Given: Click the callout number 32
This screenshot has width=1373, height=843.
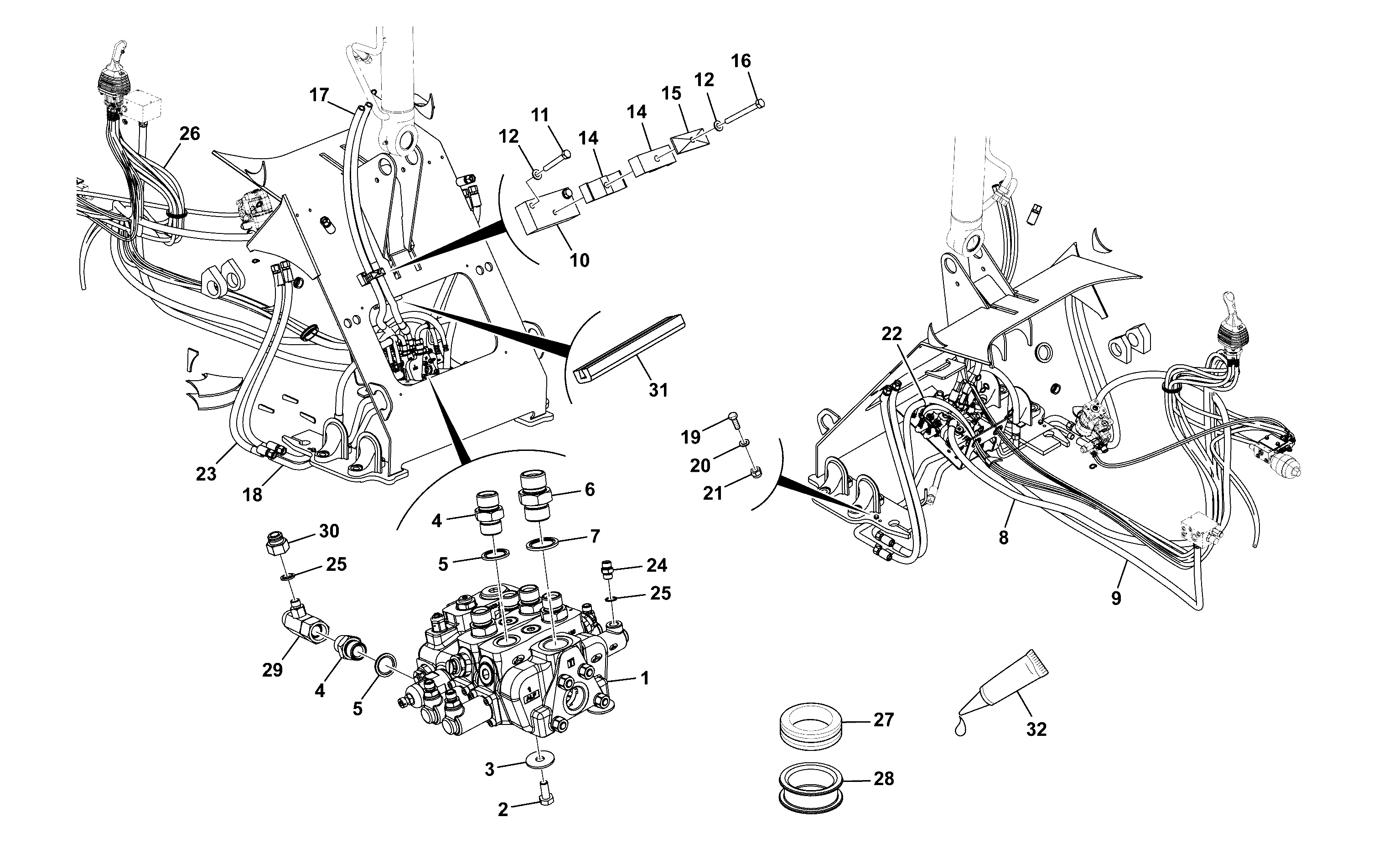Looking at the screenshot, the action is point(1036,729).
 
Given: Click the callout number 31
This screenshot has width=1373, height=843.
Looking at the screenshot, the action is point(658,390).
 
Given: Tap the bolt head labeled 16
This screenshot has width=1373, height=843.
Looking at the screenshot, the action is point(758,103).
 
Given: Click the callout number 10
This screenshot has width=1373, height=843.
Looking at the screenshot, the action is point(580,260).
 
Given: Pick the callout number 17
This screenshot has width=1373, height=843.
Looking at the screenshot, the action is point(319,95).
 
